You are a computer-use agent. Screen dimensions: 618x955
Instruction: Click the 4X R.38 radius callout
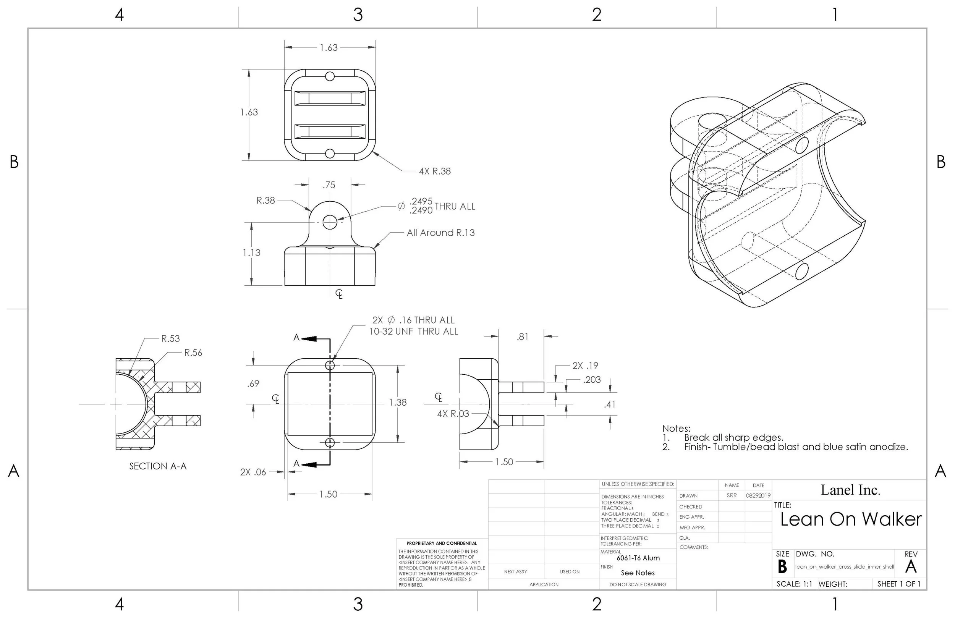(435, 171)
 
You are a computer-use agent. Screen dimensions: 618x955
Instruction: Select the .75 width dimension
(329, 185)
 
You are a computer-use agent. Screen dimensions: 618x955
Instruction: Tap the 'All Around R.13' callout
(440, 233)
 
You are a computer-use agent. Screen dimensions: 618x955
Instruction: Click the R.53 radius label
(170, 339)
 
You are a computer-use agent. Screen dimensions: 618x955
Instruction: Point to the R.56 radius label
(193, 353)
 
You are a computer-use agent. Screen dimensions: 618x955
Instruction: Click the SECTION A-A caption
(158, 466)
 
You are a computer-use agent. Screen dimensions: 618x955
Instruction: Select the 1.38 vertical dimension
(398, 403)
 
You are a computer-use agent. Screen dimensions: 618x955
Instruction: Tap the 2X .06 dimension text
(253, 472)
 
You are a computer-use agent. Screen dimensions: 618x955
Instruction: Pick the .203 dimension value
(591, 380)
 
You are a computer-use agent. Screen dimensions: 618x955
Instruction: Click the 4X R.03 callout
(453, 414)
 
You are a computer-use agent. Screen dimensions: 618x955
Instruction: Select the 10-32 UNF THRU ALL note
(413, 332)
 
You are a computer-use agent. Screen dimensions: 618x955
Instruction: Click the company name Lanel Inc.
(850, 490)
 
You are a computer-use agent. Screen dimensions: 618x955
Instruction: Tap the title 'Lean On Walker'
(851, 519)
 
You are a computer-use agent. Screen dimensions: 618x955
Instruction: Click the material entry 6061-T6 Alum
(638, 558)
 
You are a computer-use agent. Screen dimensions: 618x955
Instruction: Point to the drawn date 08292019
(758, 496)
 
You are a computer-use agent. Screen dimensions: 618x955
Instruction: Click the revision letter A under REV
(910, 567)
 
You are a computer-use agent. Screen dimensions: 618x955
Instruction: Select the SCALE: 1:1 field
(794, 584)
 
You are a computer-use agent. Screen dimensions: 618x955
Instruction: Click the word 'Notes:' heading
(676, 429)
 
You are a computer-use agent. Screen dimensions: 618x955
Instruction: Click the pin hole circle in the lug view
(330, 222)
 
